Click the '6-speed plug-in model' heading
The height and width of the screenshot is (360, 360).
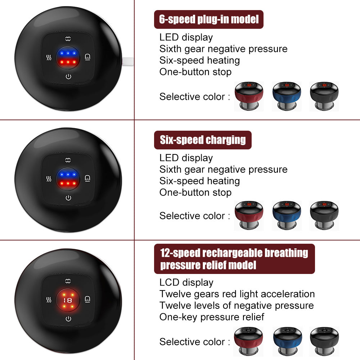[209, 19]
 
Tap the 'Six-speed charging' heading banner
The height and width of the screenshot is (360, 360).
[203, 140]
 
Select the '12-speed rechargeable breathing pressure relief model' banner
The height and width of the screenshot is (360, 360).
[234, 259]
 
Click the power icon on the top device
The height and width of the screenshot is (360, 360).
[68, 76]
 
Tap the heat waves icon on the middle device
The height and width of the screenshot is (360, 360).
[49, 179]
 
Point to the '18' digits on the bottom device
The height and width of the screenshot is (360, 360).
[68, 300]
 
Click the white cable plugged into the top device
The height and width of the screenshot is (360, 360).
[128, 62]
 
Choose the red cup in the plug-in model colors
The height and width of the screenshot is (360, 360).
[249, 96]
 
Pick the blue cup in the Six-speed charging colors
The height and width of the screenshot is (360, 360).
[287, 215]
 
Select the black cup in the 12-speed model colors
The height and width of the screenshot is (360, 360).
[324, 341]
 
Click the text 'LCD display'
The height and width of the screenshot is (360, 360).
[186, 283]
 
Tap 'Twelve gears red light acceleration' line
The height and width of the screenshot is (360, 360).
[237, 294]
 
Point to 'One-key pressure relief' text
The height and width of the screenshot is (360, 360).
[212, 317]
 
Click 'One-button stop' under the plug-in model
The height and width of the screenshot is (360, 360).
[195, 72]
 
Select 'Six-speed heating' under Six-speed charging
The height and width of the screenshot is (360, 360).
[199, 181]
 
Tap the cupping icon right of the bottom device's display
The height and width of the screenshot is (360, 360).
[87, 299]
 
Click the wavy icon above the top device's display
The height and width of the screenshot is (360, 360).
[68, 39]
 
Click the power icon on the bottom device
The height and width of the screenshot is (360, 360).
[68, 319]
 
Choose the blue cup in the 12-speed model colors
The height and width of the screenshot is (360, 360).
[287, 341]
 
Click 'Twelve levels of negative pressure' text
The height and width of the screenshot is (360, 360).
[237, 306]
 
